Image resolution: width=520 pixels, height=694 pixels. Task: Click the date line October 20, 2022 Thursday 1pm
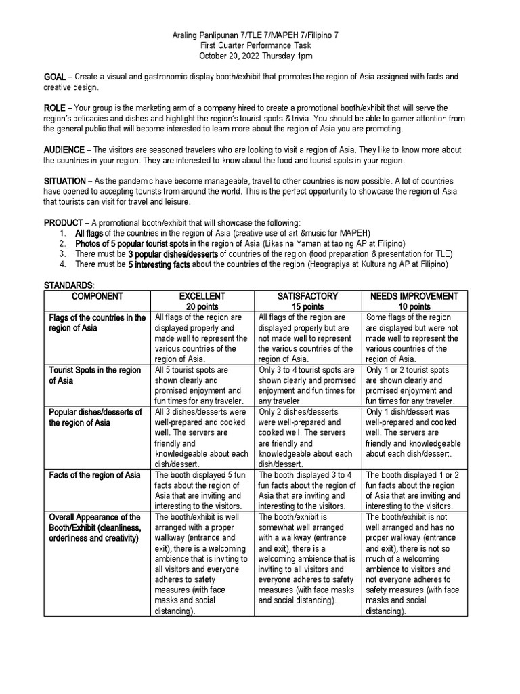259,56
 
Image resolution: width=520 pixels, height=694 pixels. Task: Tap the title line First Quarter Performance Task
259,45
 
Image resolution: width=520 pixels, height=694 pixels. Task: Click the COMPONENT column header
98,297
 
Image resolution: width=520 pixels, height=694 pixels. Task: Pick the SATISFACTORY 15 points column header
309,302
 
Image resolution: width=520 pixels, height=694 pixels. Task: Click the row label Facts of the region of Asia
94,475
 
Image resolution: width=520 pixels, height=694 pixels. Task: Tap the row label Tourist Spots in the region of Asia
94,375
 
